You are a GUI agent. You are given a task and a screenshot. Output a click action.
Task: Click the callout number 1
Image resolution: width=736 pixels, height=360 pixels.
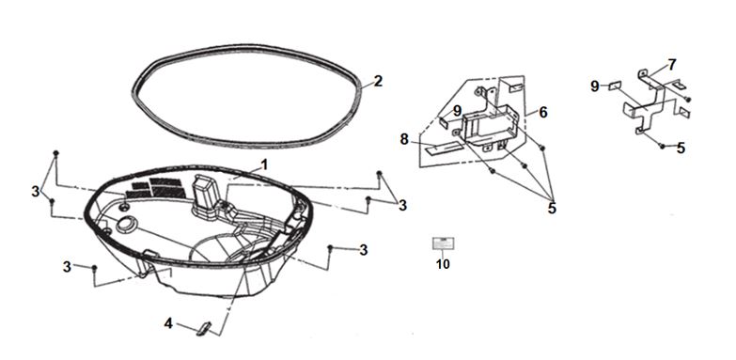[x=264, y=164]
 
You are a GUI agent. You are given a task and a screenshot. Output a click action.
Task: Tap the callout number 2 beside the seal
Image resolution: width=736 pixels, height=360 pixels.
[x=378, y=82]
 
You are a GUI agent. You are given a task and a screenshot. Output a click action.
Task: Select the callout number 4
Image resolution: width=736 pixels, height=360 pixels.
[x=168, y=323]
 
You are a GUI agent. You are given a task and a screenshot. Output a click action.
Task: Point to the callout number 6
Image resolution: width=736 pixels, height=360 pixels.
[x=543, y=112]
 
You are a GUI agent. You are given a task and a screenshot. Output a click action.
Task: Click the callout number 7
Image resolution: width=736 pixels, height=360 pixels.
[x=672, y=65]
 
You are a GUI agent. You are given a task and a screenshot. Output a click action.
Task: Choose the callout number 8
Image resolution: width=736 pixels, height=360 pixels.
[x=404, y=139]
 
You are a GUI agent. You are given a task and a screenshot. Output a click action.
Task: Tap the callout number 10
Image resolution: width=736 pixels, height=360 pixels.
[x=443, y=264]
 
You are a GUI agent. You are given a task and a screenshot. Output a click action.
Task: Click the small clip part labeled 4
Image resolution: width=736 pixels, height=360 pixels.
[x=204, y=329]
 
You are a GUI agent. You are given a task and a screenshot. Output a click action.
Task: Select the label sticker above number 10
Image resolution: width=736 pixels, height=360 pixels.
[x=443, y=243]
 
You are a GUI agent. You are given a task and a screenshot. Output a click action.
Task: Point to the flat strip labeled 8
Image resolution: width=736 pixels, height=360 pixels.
[x=444, y=149]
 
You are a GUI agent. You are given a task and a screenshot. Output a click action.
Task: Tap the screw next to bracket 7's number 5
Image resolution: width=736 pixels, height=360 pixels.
[x=663, y=147]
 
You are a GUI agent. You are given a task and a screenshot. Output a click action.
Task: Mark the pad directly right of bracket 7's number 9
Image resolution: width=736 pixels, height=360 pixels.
[x=615, y=86]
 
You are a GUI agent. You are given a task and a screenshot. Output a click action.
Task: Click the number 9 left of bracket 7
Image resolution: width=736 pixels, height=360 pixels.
[x=595, y=86]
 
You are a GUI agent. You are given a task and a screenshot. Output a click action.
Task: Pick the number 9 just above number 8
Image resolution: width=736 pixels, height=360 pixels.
[x=457, y=111]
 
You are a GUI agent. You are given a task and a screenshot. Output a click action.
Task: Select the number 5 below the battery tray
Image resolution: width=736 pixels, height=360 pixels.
[x=552, y=208]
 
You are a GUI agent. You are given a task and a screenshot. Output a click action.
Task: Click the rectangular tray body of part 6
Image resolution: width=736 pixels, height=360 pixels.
[x=490, y=124]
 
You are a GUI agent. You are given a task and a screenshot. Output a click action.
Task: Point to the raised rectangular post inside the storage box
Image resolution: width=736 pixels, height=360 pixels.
[x=203, y=196]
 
